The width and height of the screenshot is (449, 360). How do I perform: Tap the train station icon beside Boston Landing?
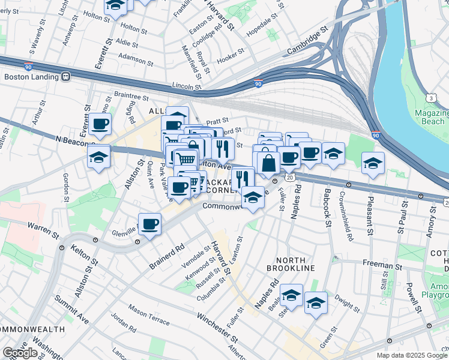pos(65,76)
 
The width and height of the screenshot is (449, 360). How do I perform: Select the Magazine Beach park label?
pos(432,118)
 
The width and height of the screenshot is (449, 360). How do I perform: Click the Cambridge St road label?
pos(309,38)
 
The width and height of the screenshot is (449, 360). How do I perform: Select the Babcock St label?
pos(328,208)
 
